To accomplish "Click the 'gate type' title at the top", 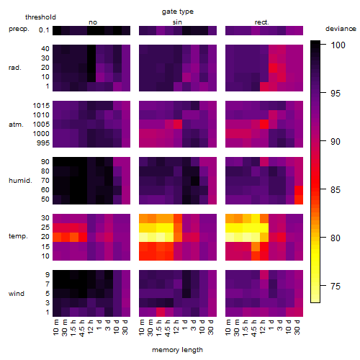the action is point(178,12).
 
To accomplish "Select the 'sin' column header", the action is point(177,22).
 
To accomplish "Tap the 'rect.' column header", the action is point(262,22).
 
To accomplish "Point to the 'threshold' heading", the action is point(40,17).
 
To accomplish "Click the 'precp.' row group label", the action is point(19,29).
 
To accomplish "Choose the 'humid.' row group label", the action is point(20,180).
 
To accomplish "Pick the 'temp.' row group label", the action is point(18,236).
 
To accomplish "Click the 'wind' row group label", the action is point(17,294).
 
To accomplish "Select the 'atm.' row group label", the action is point(16,125).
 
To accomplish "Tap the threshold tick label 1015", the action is point(41,105).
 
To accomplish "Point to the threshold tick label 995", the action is point(43,143).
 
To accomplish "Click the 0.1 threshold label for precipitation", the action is point(44,30).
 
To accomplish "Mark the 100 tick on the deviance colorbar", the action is point(338,45).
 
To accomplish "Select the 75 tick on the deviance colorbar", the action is point(336,286).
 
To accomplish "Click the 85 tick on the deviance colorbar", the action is point(336,189).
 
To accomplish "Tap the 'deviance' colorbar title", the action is point(341,29).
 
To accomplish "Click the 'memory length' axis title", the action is point(178,350).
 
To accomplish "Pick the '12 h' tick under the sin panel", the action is point(176,327).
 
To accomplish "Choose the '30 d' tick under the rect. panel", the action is point(297,327).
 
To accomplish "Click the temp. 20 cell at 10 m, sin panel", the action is point(143,237).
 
